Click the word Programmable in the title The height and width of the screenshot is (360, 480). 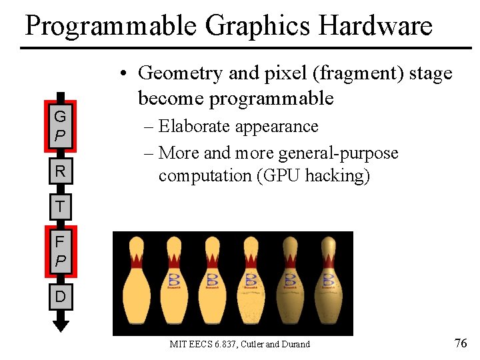pos(111,27)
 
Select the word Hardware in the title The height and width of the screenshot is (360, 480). pos(376,27)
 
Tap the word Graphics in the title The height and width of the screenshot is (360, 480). pos(259,27)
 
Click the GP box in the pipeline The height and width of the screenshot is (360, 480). pos(60,126)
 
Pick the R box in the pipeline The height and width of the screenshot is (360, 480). pos(60,171)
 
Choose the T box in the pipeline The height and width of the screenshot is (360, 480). pos(60,206)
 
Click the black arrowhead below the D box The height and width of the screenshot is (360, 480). pos(61,325)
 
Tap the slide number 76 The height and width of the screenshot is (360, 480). pos(460,343)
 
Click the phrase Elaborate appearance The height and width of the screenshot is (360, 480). pos(239,126)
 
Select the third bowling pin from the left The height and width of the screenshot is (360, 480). pos(213,283)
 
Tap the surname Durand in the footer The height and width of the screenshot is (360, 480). pos(295,344)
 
